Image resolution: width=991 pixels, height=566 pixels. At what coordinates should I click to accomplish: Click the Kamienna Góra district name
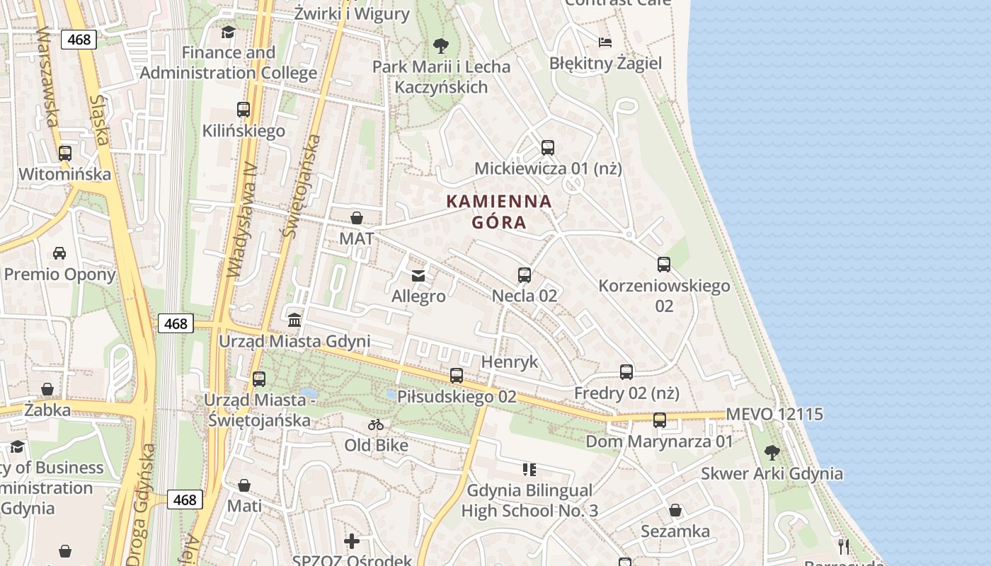pos(499,212)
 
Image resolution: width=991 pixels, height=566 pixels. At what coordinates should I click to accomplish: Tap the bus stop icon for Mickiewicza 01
pos(547,147)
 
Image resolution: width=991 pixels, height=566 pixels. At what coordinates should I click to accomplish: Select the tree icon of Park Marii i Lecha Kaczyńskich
pos(440,46)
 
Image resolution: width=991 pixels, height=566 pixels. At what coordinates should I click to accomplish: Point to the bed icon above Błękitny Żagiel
pos(605,42)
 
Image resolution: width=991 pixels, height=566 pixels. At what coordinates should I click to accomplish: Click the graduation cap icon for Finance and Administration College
pos(228,32)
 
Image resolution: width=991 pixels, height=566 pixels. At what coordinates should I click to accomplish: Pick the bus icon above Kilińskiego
pos(244,110)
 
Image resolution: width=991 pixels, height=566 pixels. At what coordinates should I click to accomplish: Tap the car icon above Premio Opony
pos(59,253)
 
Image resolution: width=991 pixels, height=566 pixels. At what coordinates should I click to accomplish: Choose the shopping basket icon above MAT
pos(357,217)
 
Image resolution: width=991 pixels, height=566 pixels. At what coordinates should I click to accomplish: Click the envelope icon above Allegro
pos(418,275)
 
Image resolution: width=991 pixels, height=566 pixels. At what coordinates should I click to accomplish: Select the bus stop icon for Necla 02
pos(524,275)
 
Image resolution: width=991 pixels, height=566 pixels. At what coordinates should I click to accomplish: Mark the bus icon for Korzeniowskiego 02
pos(663,265)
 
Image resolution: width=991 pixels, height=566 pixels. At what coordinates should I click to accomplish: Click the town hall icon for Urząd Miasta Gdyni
pos(294,320)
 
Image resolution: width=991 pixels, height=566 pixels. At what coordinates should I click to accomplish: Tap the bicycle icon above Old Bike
pos(376,424)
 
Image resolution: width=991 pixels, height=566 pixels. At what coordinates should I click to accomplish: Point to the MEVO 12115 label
pos(774,414)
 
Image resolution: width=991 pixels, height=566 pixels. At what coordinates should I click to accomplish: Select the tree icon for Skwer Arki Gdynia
pos(772,452)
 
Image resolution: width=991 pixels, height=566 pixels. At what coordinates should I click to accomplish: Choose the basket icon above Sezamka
pos(675,510)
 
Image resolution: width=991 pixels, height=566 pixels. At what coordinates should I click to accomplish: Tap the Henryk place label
pos(510,362)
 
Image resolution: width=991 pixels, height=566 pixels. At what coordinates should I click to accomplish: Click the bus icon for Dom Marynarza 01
pos(659,420)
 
